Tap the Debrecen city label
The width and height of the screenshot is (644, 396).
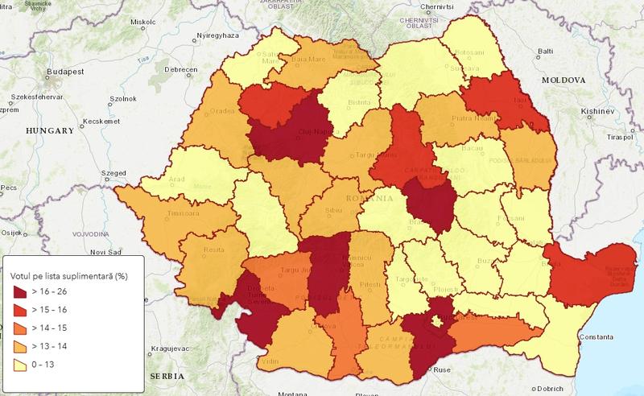coord(182,70)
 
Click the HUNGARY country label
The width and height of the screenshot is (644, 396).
coord(50,130)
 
